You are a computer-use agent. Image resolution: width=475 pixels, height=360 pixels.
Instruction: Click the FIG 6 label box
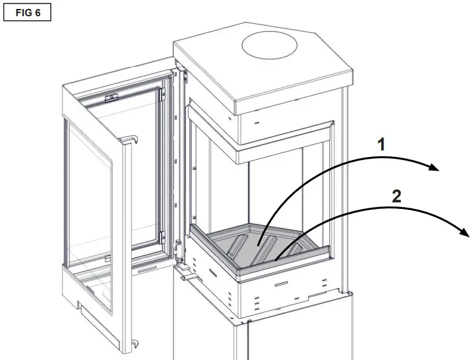point(27,13)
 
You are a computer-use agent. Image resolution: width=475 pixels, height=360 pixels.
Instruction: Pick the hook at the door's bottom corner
point(134,343)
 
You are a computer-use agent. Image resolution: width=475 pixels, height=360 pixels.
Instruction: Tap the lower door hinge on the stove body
point(179,248)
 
